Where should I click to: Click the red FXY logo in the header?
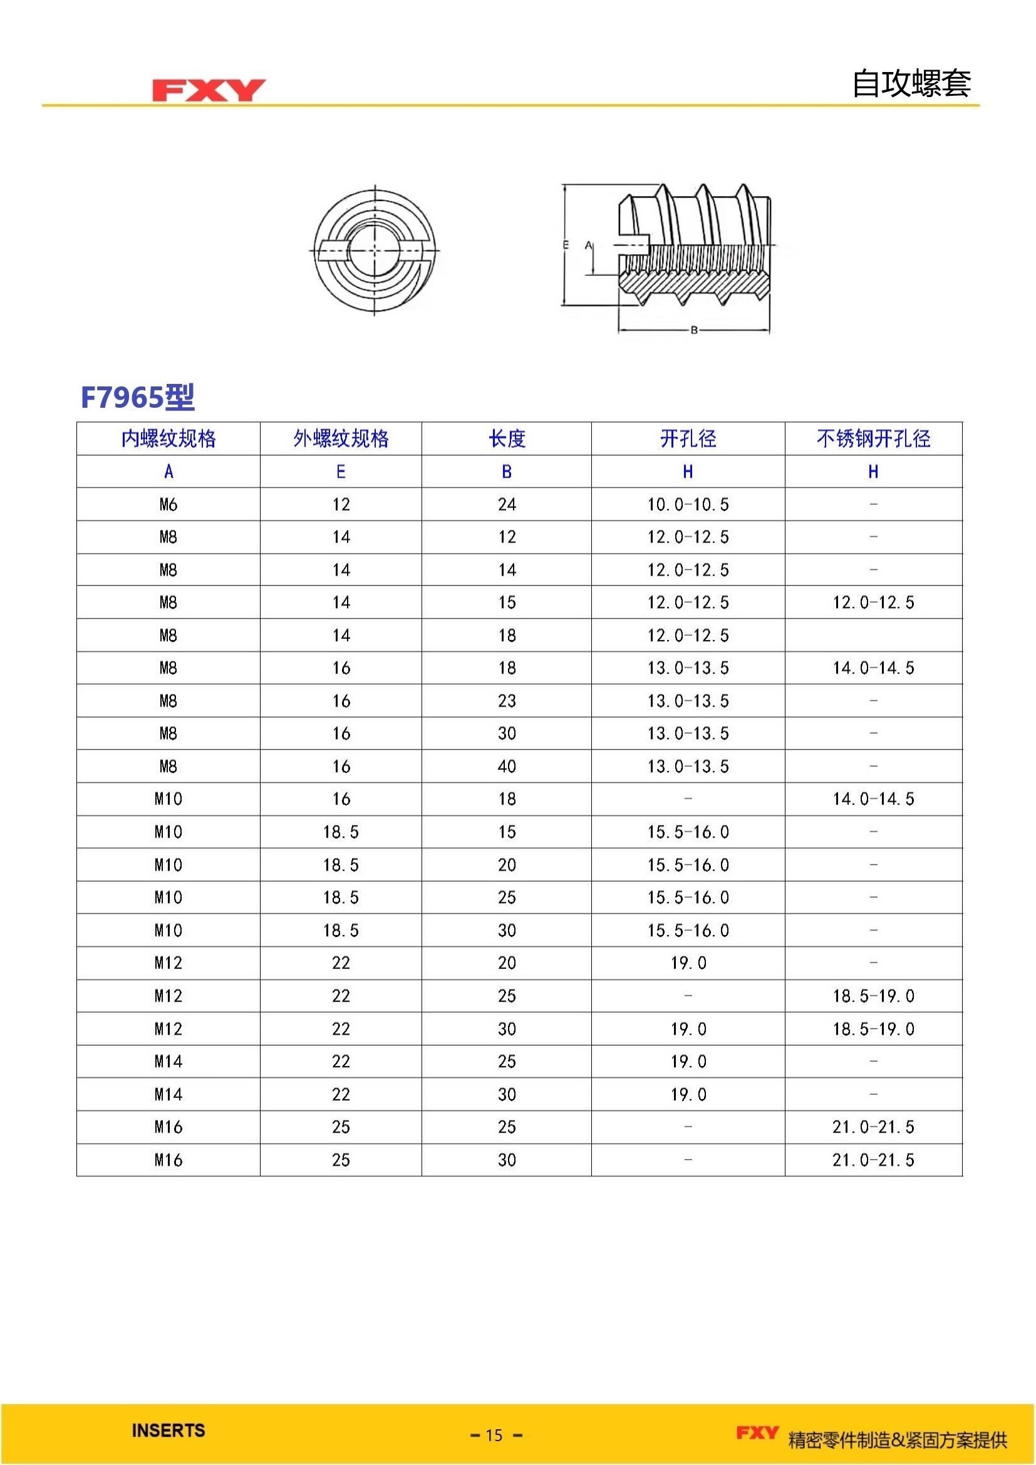click(209, 90)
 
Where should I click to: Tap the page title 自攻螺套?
click(911, 83)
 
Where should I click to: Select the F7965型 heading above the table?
click(137, 397)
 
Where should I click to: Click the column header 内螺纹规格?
click(168, 439)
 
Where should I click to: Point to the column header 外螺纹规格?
click(341, 439)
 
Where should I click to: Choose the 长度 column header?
click(507, 439)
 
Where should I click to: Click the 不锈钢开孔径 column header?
click(873, 439)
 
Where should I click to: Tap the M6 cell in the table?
click(168, 505)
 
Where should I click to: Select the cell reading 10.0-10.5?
click(688, 505)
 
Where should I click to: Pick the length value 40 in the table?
click(507, 766)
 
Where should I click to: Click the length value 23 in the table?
click(507, 701)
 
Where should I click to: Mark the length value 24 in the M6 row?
click(507, 505)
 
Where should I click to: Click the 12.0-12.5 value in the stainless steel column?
click(873, 603)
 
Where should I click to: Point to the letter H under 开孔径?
click(688, 472)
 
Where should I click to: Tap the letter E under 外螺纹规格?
click(341, 472)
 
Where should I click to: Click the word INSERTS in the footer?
click(168, 1430)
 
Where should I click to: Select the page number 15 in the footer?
click(494, 1435)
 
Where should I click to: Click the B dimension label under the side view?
click(694, 330)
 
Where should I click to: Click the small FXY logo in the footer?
click(757, 1432)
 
